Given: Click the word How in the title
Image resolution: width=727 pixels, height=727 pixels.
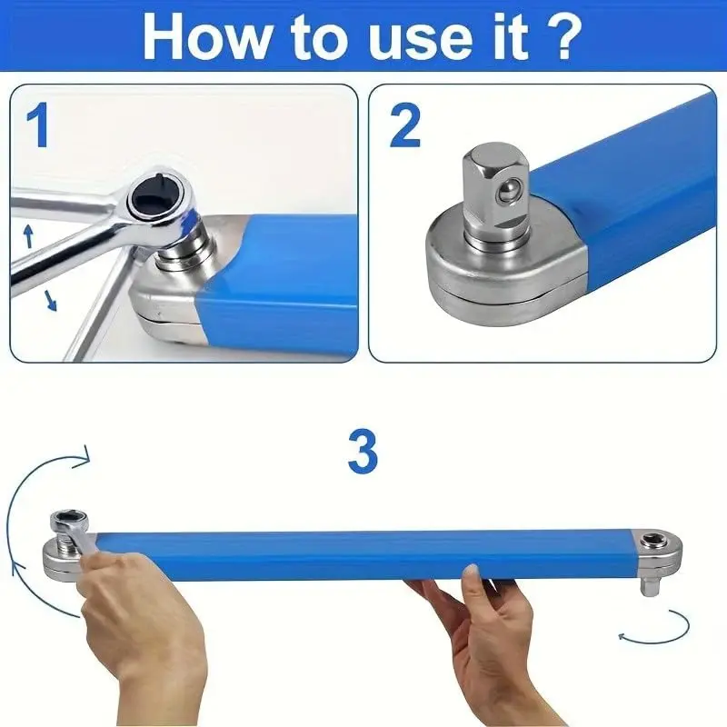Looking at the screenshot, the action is point(206,37).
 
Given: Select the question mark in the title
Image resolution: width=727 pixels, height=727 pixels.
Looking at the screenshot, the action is point(563,36).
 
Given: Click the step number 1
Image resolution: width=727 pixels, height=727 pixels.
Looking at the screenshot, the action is point(38,125).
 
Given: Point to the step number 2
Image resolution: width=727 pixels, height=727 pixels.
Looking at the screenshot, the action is point(405,125).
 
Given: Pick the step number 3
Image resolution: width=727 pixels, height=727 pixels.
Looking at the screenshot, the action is point(363,452).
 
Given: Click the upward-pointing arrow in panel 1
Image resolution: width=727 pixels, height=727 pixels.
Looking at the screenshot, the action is point(29,236).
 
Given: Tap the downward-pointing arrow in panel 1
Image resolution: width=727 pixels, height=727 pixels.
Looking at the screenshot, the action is point(50,300).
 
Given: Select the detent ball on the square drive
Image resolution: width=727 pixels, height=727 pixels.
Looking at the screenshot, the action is point(506,191).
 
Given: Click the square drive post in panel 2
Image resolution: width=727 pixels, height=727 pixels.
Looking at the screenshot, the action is point(496,194).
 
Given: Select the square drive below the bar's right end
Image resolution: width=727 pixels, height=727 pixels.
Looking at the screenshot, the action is point(649,585).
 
